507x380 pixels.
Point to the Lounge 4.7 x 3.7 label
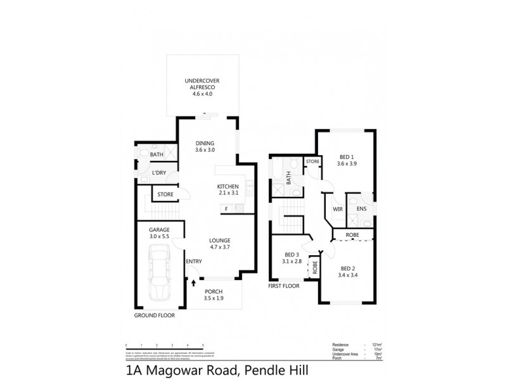(x=219, y=244)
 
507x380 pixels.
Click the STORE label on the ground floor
(x=165, y=194)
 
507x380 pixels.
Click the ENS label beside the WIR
(x=361, y=208)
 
